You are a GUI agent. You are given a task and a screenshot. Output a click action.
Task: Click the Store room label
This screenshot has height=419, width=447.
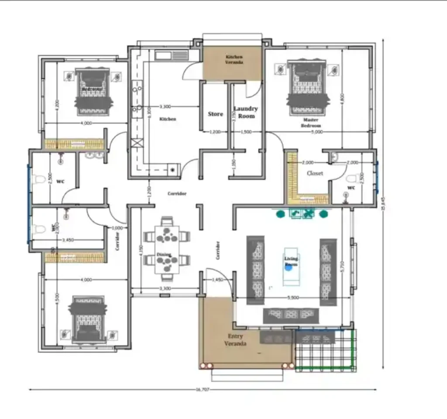pos(215,114)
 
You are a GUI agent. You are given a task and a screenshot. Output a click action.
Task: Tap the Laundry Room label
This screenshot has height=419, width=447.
pos(245,112)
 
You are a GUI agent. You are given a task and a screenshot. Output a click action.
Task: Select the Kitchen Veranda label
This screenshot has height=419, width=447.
pos(234,60)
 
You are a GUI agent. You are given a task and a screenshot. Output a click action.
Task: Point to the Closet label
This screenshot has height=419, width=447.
pos(315,173)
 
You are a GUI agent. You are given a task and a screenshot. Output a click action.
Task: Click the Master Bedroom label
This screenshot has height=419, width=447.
pos(310,122)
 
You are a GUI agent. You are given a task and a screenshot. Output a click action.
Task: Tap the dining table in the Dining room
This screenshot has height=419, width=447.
pos(167,249)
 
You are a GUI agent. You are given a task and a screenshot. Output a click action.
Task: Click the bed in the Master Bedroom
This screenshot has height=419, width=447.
pos(306,88)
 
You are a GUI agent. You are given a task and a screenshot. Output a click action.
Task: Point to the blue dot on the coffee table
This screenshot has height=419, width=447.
pos(288,267)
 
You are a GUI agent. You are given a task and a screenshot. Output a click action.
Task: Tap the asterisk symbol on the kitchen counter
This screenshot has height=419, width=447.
pos(173,170)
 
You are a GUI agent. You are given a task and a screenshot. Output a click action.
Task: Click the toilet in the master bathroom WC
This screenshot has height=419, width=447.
pos(352,179)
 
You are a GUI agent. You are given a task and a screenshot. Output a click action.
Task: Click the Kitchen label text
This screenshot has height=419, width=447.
pos(168,119)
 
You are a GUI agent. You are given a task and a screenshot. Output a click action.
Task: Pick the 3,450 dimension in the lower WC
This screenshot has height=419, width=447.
pos(68,240)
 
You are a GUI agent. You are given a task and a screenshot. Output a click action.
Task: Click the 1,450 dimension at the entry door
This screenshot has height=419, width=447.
pos(217,279)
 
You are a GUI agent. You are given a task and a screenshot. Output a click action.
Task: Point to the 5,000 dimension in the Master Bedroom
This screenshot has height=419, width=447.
pos(317,132)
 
